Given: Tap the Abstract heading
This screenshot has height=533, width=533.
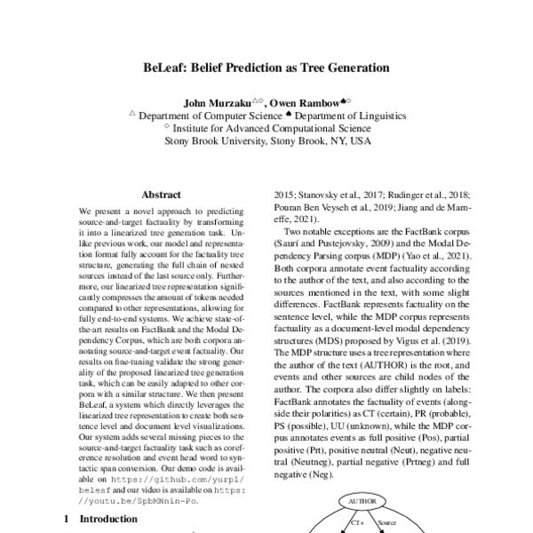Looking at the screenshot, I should (161, 194).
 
